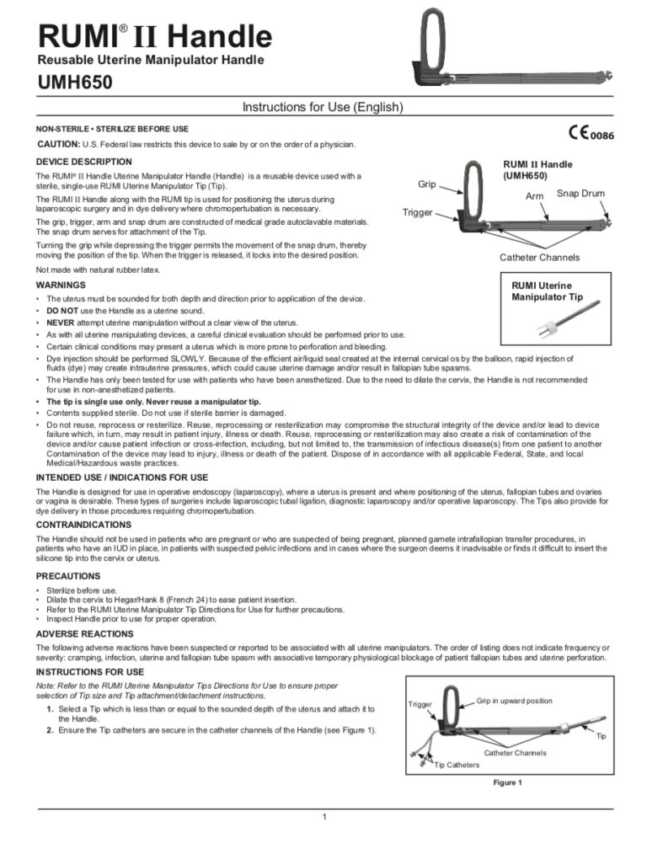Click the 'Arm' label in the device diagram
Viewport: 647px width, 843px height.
(x=536, y=195)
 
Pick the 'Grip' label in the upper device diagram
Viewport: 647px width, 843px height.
(x=427, y=181)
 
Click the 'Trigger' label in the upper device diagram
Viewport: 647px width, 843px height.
(x=417, y=213)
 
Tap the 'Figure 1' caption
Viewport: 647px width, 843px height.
(x=507, y=782)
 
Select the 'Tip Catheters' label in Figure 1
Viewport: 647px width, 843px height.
(x=457, y=765)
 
